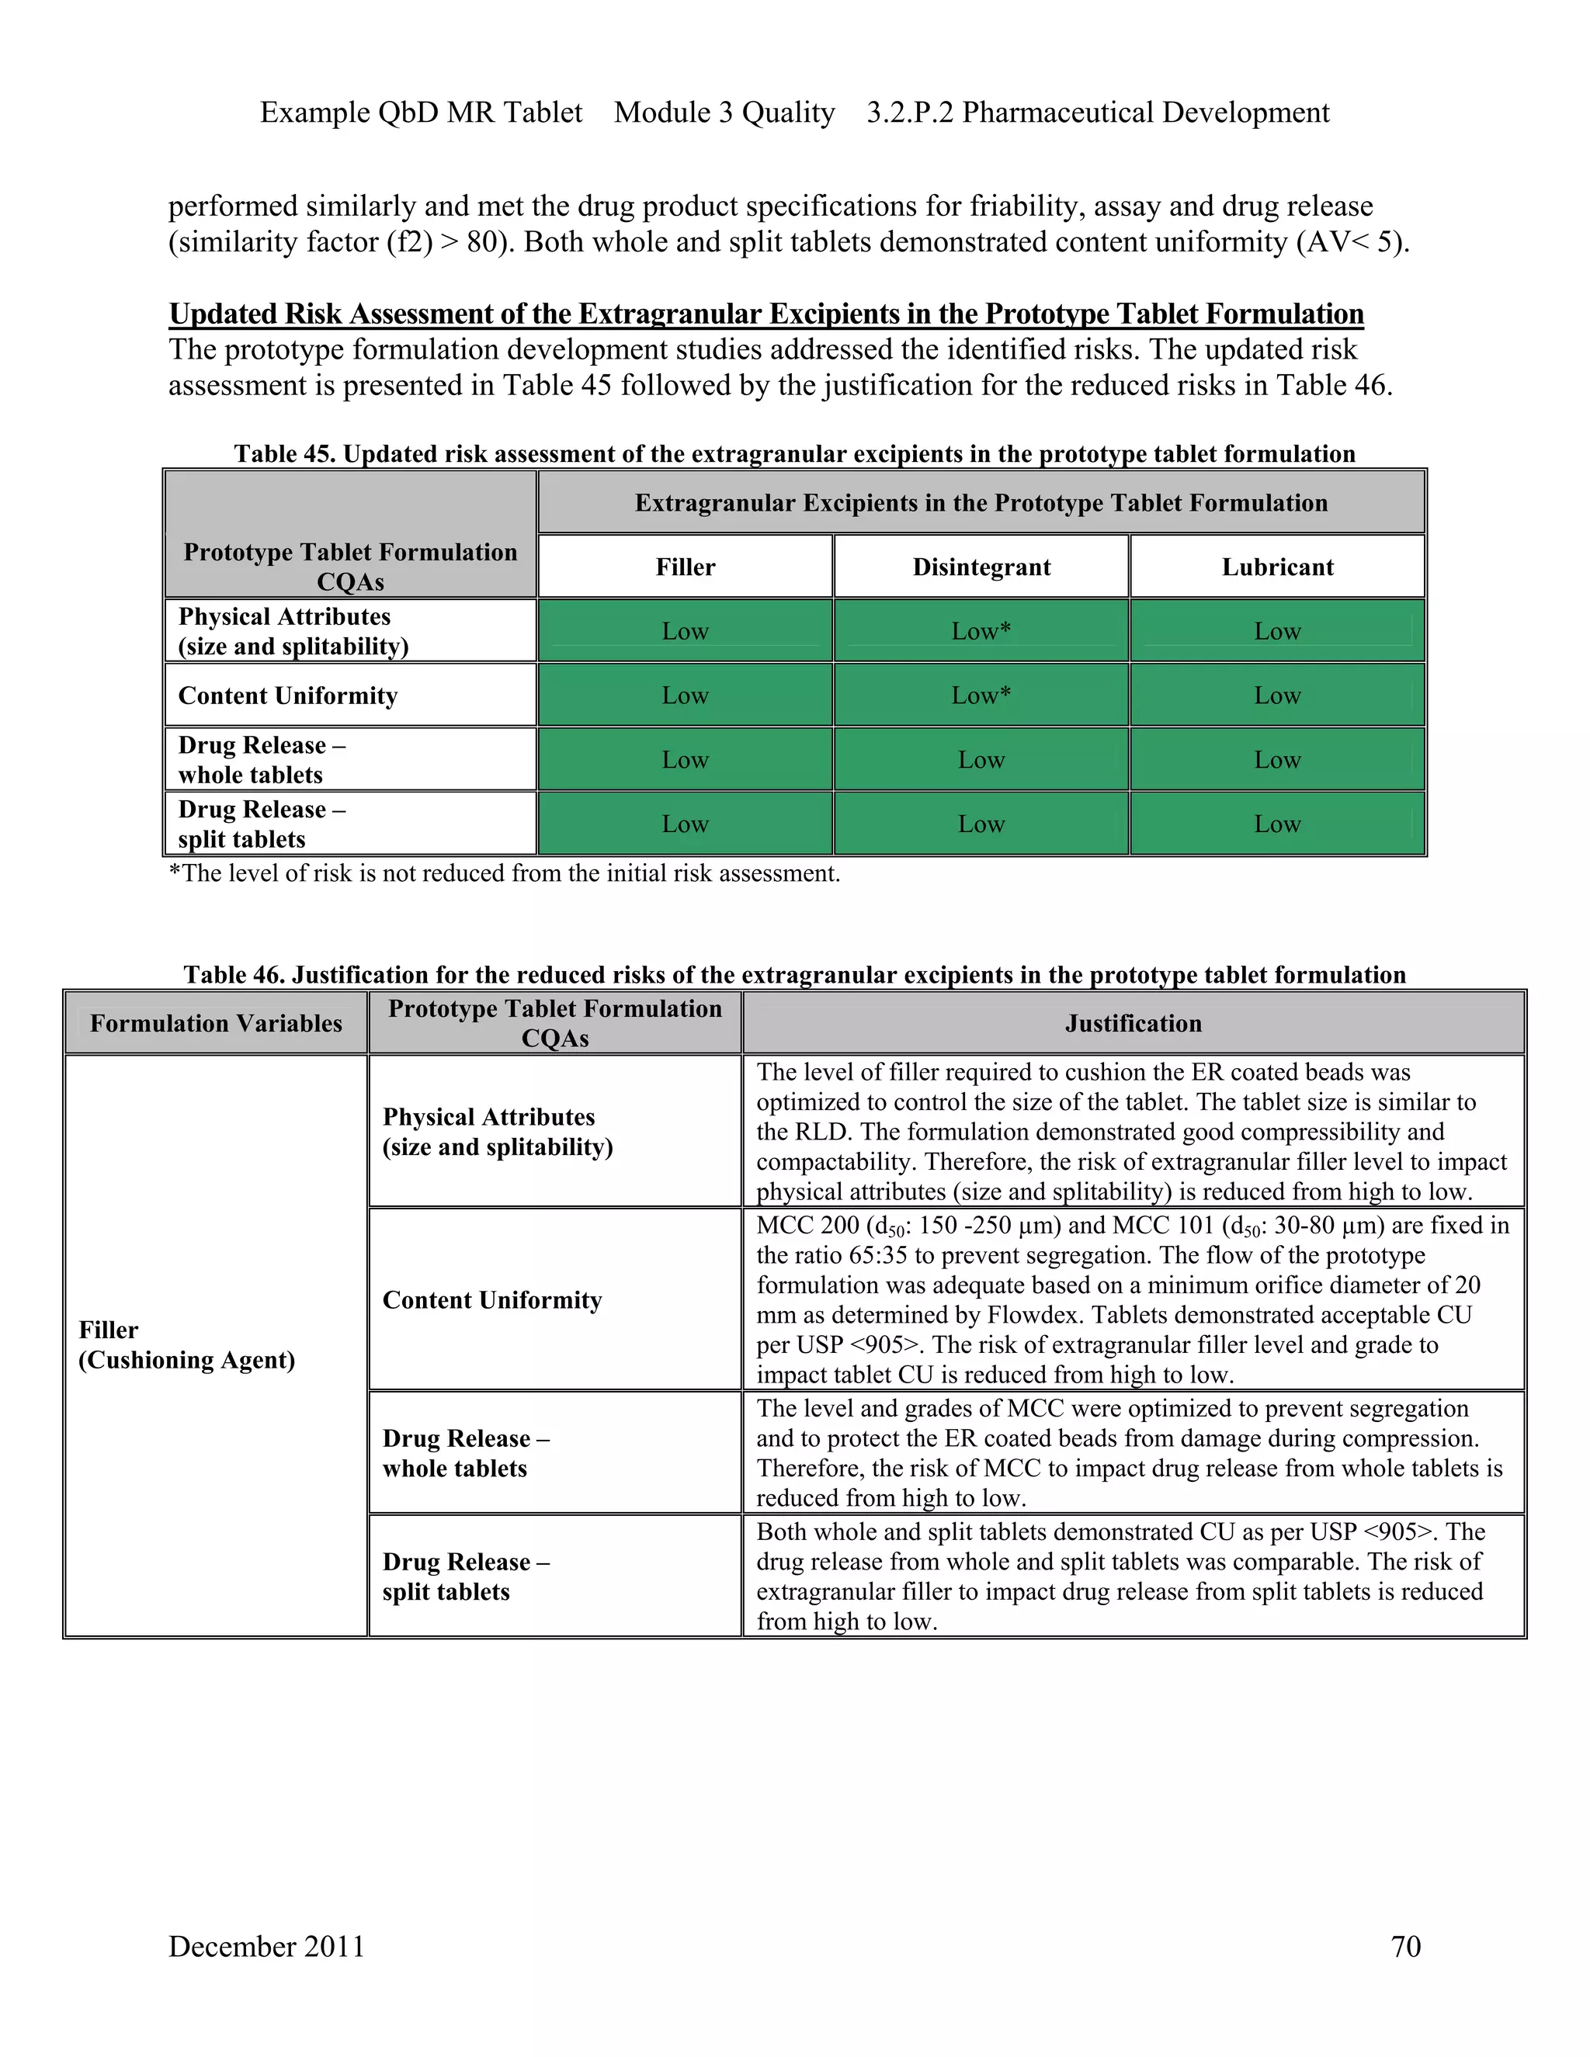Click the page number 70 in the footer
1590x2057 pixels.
coord(1405,1946)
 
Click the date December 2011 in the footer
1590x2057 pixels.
coord(266,1946)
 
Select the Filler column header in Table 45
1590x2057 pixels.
coord(685,567)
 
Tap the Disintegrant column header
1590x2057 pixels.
coord(981,567)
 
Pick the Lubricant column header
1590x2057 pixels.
coord(1277,567)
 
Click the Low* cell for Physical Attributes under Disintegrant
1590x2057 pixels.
coord(981,631)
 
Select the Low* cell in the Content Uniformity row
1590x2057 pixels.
coord(981,695)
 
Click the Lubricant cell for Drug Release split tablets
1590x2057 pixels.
coord(1277,824)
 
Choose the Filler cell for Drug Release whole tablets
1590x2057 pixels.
coord(685,760)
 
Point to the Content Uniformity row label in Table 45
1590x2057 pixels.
coord(288,695)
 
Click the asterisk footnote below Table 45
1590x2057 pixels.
coord(504,873)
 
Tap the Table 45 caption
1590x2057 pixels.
coord(794,454)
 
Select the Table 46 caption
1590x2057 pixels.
coord(794,974)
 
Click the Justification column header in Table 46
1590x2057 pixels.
coord(1133,1023)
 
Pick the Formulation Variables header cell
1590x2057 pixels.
coord(216,1023)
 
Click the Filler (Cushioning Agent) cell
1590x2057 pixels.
coord(186,1345)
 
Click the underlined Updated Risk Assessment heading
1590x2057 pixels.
coord(765,314)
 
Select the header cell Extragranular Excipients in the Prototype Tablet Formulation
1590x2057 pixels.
coord(981,503)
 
